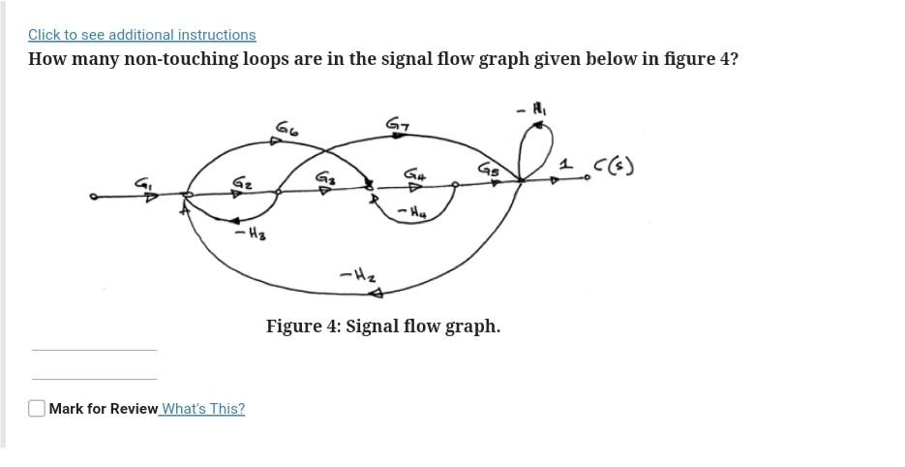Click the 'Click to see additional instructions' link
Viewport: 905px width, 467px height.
coord(141,35)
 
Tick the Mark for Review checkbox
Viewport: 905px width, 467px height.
coord(37,409)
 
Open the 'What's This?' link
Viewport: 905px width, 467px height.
coord(203,409)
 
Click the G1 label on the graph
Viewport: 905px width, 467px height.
coord(142,181)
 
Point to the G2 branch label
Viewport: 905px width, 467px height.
coord(242,182)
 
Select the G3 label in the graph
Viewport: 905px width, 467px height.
coord(325,178)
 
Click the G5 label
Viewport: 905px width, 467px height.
coord(489,170)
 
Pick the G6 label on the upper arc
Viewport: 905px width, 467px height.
coord(287,128)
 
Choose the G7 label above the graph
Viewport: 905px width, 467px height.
coord(398,124)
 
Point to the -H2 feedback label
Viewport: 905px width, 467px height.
coord(357,275)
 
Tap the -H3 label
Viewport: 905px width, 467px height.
coord(251,233)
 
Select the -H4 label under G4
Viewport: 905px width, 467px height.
coord(411,210)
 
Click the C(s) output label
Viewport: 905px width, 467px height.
coord(615,167)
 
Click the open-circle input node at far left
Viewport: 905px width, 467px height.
coord(93,197)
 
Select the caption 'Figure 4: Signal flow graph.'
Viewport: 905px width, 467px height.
coord(383,327)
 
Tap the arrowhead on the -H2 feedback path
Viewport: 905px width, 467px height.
coord(377,293)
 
